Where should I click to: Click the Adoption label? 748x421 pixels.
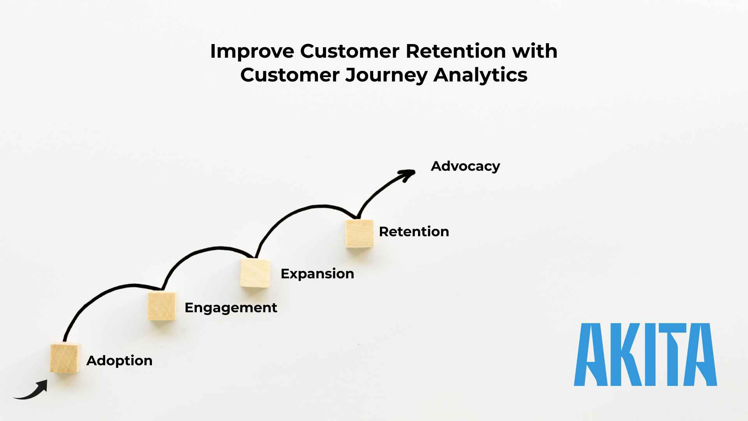119,361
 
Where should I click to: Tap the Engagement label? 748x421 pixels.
231,308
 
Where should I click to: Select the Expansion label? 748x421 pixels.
317,274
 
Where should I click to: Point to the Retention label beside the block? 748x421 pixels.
414,232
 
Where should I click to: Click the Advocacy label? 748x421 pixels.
465,166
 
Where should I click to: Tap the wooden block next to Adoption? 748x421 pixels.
65,358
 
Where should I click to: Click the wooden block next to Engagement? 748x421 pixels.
162,306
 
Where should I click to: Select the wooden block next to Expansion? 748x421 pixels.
255,273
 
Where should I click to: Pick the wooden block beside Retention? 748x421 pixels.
359,233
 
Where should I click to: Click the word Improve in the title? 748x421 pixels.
252,51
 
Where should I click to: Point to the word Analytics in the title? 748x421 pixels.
480,75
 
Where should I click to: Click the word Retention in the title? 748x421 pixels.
455,51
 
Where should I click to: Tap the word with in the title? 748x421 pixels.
535,51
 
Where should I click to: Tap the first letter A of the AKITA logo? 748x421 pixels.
591,355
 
